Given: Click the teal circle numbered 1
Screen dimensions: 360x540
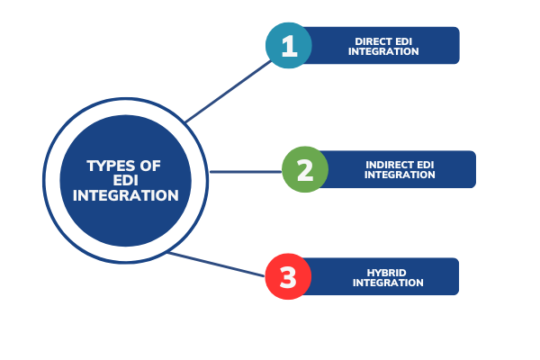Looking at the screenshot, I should click(289, 45).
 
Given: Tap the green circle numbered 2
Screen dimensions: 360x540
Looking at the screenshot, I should click(305, 170).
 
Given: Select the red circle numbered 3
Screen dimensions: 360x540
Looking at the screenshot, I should click(288, 277).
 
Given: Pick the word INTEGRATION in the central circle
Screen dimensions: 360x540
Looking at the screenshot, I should click(126, 195).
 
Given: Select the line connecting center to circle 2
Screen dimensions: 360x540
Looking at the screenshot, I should click(245, 171).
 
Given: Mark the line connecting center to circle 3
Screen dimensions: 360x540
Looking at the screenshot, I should click(216, 264).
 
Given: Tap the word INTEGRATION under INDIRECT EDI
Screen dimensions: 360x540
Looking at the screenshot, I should click(400, 175).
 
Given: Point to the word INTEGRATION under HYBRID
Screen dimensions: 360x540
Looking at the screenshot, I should click(388, 283).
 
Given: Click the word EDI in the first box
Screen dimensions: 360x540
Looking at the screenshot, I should click(409, 40).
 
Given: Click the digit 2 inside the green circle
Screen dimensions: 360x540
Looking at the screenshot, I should click(305, 170).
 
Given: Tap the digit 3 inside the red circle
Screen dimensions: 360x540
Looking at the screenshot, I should click(288, 277).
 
